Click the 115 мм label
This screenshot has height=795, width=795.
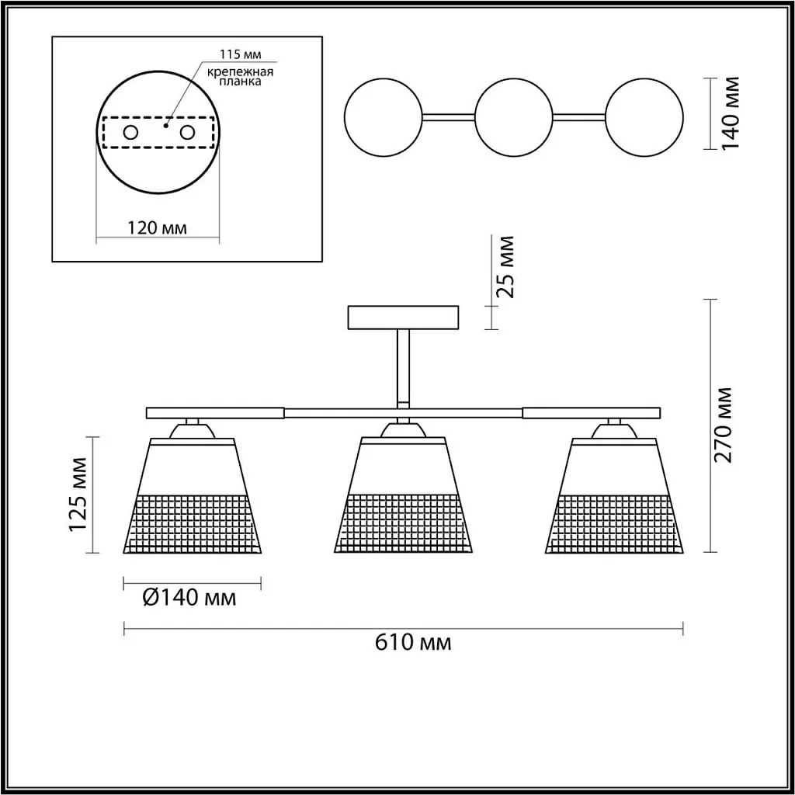click(241, 54)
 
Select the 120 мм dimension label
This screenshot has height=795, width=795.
click(157, 228)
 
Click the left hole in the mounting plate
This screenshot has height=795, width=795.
click(130, 133)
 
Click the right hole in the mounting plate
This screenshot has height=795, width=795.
click(187, 133)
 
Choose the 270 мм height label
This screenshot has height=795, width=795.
click(723, 425)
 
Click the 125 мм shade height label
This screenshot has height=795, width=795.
click(78, 495)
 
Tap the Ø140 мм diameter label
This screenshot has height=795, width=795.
click(189, 598)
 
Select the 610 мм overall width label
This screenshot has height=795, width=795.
click(413, 642)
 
